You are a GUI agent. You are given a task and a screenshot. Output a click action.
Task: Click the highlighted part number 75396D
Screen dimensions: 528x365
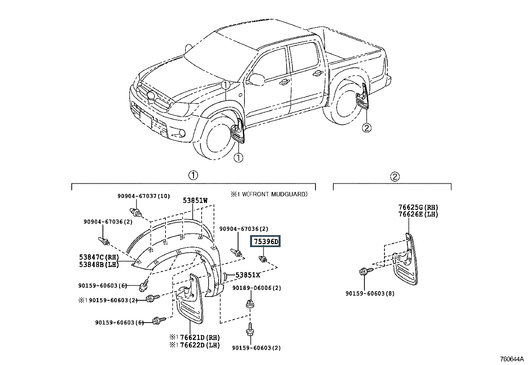click(x=265, y=241)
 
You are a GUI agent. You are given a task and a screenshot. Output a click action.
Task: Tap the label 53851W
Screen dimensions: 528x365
click(x=195, y=201)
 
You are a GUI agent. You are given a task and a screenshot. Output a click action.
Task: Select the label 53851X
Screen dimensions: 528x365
click(x=248, y=275)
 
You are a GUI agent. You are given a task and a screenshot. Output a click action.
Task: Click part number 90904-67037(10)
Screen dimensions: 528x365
click(x=144, y=196)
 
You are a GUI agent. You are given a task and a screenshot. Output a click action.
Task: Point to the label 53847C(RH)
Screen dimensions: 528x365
click(x=99, y=257)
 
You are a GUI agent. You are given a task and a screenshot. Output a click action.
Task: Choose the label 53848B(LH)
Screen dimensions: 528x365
click(x=99, y=265)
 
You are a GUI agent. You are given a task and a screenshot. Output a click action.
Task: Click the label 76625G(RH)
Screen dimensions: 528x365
click(x=418, y=207)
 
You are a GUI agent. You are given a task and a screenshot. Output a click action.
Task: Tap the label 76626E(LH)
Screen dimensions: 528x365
click(x=418, y=214)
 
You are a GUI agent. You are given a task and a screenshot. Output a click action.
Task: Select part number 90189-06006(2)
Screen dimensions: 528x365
click(x=257, y=288)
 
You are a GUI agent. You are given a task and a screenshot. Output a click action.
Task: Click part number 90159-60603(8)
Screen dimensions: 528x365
click(x=370, y=294)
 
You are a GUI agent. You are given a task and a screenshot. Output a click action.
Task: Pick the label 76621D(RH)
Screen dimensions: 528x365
click(x=200, y=337)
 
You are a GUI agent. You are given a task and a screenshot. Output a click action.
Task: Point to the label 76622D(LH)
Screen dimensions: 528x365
click(x=200, y=345)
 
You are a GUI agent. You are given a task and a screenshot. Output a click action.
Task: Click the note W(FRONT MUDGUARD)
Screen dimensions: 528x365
click(x=275, y=194)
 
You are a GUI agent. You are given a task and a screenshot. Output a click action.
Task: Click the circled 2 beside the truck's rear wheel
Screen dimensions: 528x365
click(x=366, y=128)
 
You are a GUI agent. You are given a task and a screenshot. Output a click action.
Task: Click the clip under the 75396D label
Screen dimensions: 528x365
click(x=263, y=259)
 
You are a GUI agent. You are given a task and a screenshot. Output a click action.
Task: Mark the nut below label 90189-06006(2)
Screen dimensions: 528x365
click(x=250, y=304)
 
